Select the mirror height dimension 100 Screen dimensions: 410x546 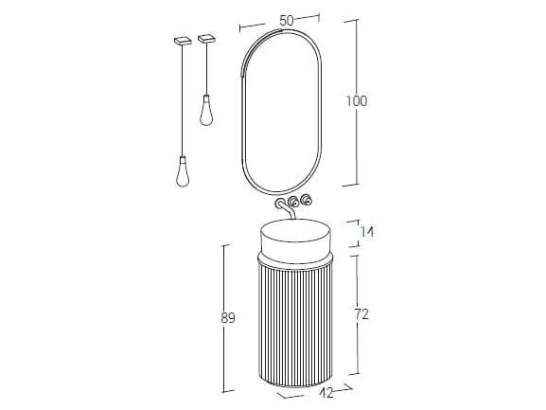click(x=356, y=101)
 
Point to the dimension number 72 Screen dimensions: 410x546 click(x=361, y=314)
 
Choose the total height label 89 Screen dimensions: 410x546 click(x=227, y=318)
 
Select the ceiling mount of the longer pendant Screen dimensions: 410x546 click(x=183, y=41)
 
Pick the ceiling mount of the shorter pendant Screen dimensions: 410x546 click(x=206, y=39)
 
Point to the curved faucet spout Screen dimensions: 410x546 click(x=286, y=208)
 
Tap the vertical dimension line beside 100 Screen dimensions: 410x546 click(x=356, y=57)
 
